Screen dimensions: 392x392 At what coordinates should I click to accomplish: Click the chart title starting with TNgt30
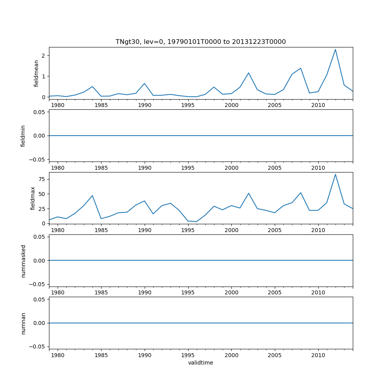click(200, 42)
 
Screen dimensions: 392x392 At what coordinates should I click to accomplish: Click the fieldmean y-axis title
click(36, 73)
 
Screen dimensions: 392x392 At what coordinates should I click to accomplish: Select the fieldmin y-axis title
click(23, 136)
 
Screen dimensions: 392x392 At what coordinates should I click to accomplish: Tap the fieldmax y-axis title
click(33, 198)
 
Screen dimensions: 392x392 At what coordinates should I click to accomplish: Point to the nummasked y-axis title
click(23, 261)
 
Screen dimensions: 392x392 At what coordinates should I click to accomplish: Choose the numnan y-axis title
click(23, 323)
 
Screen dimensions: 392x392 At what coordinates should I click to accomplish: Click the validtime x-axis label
click(200, 363)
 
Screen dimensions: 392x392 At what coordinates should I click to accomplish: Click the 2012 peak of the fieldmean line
click(335, 49)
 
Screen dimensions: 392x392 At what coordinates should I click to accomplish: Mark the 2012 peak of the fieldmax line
click(335, 174)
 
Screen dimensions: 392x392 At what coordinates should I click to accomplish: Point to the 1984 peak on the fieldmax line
click(93, 196)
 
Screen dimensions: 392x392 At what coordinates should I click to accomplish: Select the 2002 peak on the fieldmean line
click(249, 73)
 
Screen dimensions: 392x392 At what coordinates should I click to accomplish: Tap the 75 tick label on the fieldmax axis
click(41, 179)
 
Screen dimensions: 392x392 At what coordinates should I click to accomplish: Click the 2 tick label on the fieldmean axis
click(44, 56)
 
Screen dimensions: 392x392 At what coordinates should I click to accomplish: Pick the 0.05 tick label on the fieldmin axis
click(38, 112)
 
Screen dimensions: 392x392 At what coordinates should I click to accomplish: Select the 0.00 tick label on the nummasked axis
click(38, 260)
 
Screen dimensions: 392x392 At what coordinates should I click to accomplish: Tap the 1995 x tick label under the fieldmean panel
click(188, 105)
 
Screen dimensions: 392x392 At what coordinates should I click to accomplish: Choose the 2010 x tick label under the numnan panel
click(318, 355)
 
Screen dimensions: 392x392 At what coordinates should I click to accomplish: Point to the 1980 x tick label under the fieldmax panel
click(58, 230)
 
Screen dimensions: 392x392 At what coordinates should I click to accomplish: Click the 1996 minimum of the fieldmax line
click(197, 221)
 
